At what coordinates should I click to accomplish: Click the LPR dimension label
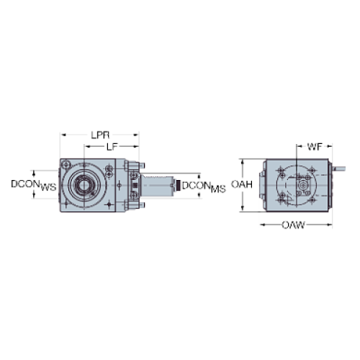tap(100, 135)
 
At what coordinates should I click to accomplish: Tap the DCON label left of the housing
tap(33, 184)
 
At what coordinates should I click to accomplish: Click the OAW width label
tap(293, 224)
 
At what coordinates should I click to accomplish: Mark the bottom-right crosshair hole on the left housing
tap(109, 204)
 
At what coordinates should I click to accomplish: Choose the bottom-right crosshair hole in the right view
tap(317, 204)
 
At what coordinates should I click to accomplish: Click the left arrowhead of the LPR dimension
tap(62, 135)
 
